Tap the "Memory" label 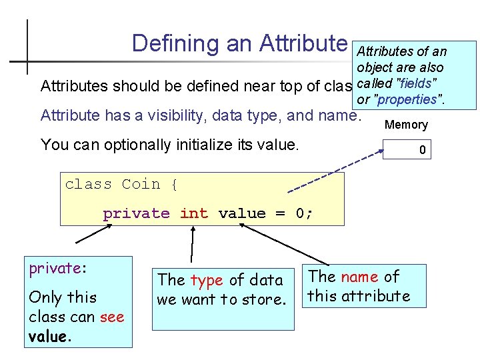(x=406, y=125)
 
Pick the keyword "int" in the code (x=193, y=213)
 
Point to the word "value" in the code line (x=241, y=213)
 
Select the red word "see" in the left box (x=112, y=317)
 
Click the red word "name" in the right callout (x=361, y=277)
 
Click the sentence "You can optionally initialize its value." (x=170, y=144)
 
